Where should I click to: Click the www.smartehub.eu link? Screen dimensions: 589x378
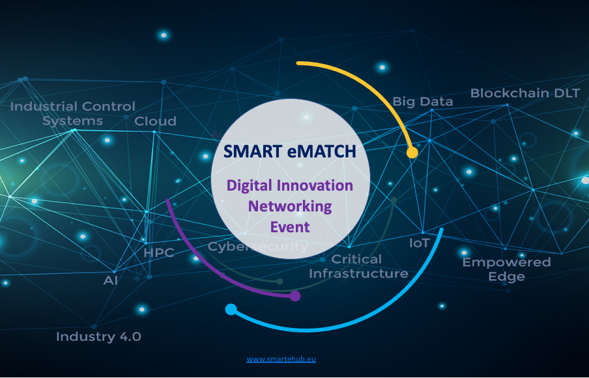pyautogui.click(x=281, y=359)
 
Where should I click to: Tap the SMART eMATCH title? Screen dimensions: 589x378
pyautogui.click(x=290, y=152)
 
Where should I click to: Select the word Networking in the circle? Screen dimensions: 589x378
pyautogui.click(x=290, y=207)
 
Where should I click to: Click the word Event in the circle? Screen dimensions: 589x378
pyautogui.click(x=290, y=227)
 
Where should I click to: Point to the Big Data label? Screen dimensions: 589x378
pyautogui.click(x=423, y=102)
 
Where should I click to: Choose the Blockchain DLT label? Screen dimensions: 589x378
pyautogui.click(x=525, y=93)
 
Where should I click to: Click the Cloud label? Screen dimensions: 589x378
pyautogui.click(x=155, y=121)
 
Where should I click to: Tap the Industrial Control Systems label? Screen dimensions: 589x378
pyautogui.click(x=72, y=114)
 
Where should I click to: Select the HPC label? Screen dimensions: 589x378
pyautogui.click(x=159, y=252)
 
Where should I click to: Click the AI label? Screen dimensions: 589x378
pyautogui.click(x=111, y=280)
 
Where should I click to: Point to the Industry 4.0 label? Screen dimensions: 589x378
pyautogui.click(x=98, y=336)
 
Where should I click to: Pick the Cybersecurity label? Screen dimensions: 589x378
pyautogui.click(x=258, y=247)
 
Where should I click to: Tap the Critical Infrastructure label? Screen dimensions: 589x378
pyautogui.click(x=358, y=266)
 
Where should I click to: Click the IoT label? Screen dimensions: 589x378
pyautogui.click(x=419, y=243)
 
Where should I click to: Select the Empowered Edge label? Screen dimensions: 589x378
pyautogui.click(x=506, y=269)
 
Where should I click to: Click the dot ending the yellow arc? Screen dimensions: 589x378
pyautogui.click(x=412, y=153)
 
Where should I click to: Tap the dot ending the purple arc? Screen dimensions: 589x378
pyautogui.click(x=295, y=296)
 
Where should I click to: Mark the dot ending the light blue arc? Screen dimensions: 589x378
pyautogui.click(x=231, y=310)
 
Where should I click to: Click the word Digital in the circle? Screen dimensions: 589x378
pyautogui.click(x=249, y=186)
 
